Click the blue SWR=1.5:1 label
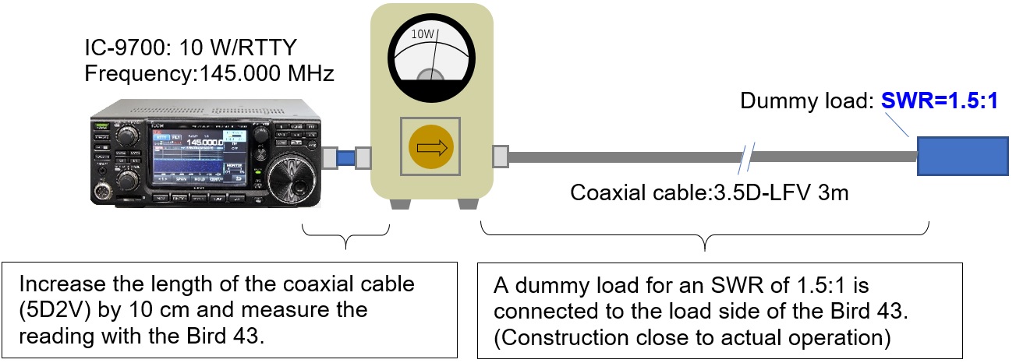940,101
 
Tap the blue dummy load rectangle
963,157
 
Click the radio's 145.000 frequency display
202,142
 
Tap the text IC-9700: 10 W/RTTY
190,48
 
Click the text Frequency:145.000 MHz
209,75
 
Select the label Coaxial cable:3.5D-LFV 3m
710,192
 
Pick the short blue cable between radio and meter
345,157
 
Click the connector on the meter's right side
501,156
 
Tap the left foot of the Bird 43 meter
398,203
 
